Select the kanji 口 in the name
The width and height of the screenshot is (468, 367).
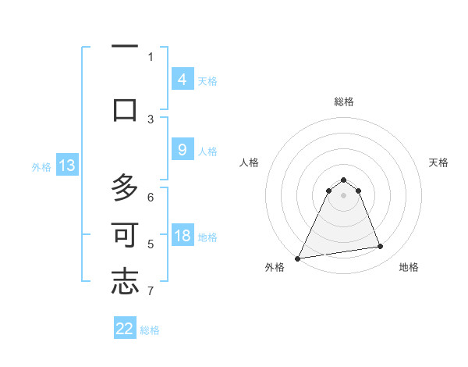[x=125, y=109]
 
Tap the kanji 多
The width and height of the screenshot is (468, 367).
[x=125, y=188]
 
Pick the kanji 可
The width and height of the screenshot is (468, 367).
[x=125, y=235]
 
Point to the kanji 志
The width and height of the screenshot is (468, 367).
[x=125, y=282]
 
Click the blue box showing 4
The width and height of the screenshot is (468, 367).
[x=182, y=80]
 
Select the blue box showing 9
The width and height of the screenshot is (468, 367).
[x=182, y=151]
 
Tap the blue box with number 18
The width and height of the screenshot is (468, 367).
[x=182, y=237]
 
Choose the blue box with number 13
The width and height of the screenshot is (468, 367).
[x=66, y=166]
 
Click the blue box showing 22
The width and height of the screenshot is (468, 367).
[x=125, y=329]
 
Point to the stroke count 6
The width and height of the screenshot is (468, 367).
[x=151, y=198]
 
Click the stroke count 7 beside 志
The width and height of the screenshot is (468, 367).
[x=151, y=291]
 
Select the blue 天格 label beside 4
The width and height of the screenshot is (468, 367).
[x=207, y=80]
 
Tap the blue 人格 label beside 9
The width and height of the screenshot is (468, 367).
[x=207, y=151]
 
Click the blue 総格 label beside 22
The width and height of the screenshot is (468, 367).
[x=150, y=330]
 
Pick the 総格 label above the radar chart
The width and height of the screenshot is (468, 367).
[x=344, y=102]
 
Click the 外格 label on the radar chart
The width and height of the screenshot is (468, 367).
[x=275, y=267]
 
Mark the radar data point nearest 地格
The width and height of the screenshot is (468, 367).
[x=381, y=247]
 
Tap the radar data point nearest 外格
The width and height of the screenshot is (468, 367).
[x=298, y=258]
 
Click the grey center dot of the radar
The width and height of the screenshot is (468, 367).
[x=344, y=194]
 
